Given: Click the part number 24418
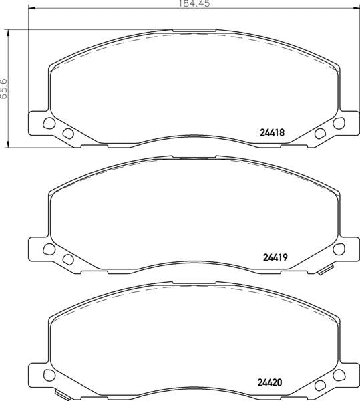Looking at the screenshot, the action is point(272,132).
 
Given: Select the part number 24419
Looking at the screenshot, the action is point(275,257).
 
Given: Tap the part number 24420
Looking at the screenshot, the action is point(270,382).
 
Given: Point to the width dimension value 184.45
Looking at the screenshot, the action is point(194,3).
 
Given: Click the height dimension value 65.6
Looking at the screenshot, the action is point(4,88).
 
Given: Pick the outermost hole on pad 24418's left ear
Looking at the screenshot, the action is point(49,123).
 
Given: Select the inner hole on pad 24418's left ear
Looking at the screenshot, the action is point(68,133).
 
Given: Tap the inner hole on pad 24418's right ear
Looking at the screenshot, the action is point(320,133).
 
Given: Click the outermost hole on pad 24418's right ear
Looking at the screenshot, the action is point(339,123).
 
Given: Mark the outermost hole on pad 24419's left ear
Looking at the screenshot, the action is point(49,249).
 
